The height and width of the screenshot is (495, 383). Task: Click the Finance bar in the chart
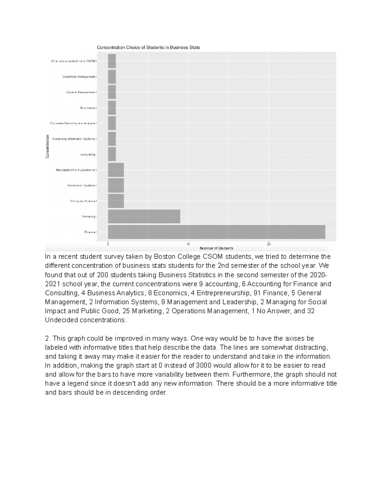216,232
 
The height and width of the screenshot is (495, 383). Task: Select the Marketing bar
144,216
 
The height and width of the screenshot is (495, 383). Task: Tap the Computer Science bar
116,201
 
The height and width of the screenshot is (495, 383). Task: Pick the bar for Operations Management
112,76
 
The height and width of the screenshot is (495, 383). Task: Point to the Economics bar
112,108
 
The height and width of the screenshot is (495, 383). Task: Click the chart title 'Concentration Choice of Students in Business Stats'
148,47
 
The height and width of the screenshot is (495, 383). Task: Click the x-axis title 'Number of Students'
216,248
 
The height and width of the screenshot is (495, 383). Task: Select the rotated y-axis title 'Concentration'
47,146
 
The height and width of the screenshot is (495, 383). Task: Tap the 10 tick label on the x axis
188,244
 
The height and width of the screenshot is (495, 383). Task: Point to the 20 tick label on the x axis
269,244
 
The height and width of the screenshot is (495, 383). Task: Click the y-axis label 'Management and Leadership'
75,170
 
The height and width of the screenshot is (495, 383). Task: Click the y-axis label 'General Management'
80,92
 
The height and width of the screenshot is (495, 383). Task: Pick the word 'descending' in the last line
132,392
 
